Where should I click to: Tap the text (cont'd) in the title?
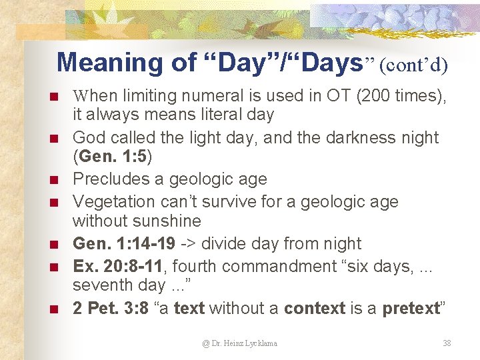tap(414, 64)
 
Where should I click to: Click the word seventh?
tap(101, 285)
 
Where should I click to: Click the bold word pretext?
tap(411, 309)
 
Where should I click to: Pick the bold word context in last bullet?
tap(314, 309)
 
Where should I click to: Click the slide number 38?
tap(447, 343)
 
